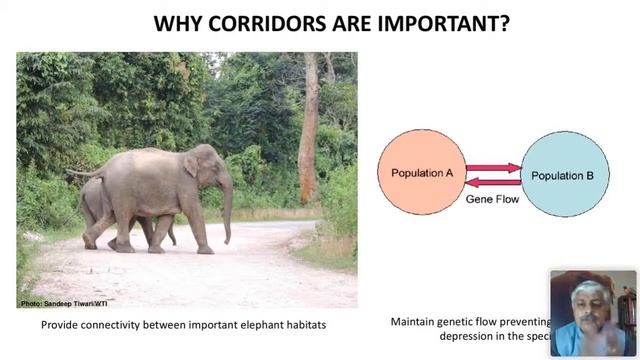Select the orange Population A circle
[x=421, y=173]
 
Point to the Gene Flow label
[x=491, y=199]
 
